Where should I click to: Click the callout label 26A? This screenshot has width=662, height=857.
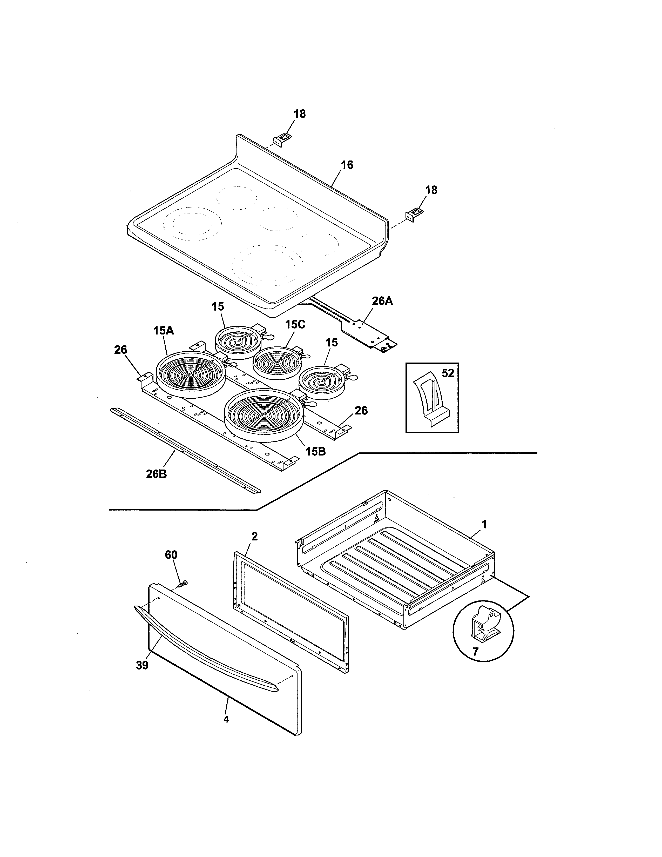point(382,301)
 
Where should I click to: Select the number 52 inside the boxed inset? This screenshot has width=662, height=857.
point(448,373)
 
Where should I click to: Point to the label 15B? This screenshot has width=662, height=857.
point(315,451)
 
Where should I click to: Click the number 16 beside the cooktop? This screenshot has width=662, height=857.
point(347,165)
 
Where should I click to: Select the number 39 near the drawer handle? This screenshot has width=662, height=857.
point(142,665)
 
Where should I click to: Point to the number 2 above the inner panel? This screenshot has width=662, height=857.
point(254,537)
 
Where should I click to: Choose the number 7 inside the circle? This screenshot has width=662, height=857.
point(475,651)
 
